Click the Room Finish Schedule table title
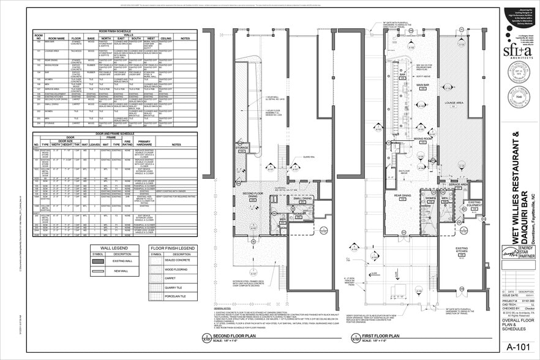click(x=115, y=31)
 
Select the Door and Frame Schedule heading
click(x=115, y=133)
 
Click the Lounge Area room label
click(x=454, y=103)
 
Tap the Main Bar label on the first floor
click(x=423, y=85)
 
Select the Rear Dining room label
click(x=402, y=196)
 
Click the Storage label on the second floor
click(x=242, y=148)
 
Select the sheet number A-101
click(x=516, y=347)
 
